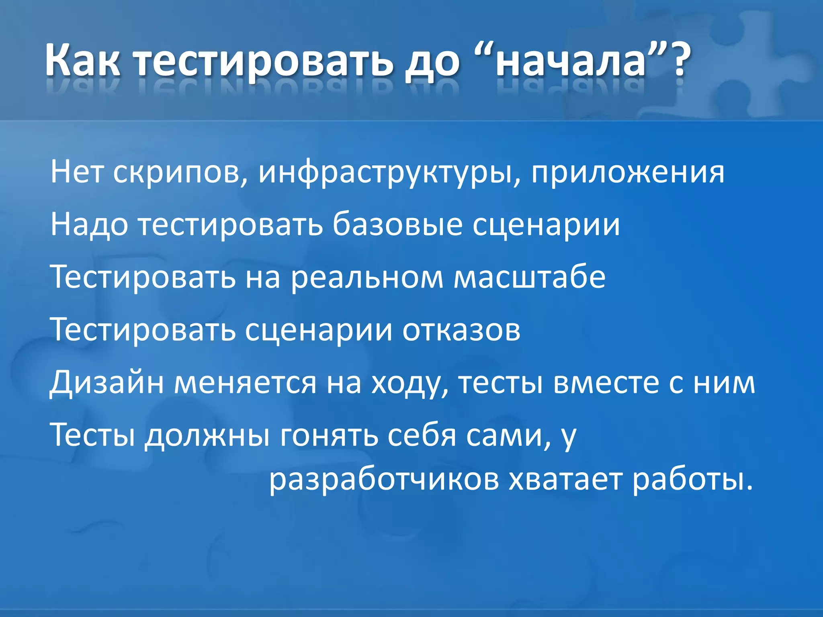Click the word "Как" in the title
coord(82,61)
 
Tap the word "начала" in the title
coord(570,61)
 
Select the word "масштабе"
coord(529,277)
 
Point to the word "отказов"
coord(461,330)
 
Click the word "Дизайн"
coord(106,382)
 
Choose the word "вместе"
coord(606,382)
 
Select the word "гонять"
coord(329,435)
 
